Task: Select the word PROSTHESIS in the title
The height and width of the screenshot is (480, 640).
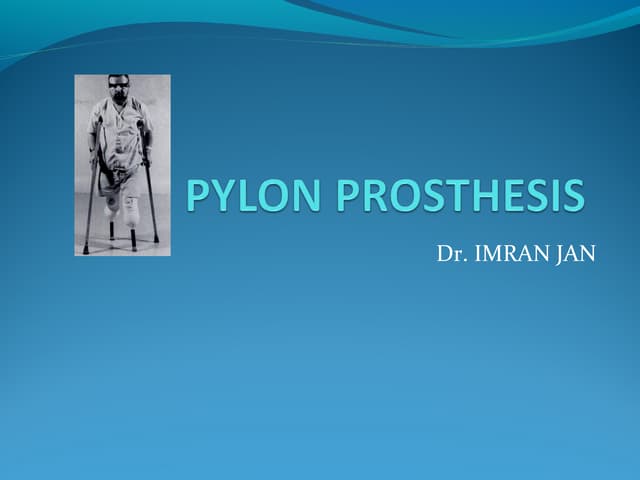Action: pyautogui.click(x=461, y=195)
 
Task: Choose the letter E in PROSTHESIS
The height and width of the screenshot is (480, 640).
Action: pyautogui.click(x=500, y=195)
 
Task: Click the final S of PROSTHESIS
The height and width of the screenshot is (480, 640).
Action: pyautogui.click(x=571, y=195)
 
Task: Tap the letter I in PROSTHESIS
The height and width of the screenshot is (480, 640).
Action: pyautogui.click(x=546, y=195)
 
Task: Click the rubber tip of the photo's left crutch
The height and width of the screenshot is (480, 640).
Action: pyautogui.click(x=86, y=250)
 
